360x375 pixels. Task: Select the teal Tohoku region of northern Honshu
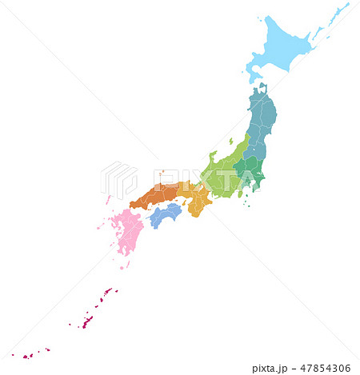click(x=260, y=120)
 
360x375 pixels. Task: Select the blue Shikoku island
click(x=166, y=214)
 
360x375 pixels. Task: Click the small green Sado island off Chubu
click(x=230, y=142)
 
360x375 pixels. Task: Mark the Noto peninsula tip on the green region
click(x=214, y=153)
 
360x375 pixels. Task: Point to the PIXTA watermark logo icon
click(x=118, y=180)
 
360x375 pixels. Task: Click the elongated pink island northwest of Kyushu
click(x=108, y=199)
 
